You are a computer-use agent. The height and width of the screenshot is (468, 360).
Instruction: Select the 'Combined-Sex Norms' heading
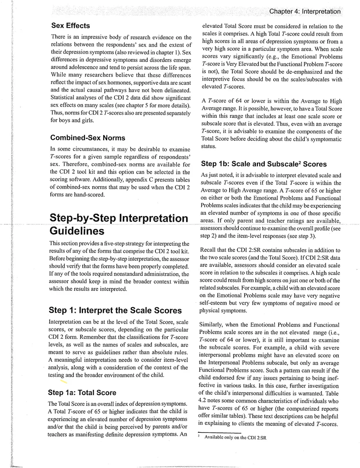click(82, 137)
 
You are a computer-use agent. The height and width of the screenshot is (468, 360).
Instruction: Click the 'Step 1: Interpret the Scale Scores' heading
click(115, 310)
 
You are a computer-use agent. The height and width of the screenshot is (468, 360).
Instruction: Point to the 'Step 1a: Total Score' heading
click(82, 393)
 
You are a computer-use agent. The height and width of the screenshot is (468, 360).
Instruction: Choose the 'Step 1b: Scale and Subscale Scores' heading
click(264, 164)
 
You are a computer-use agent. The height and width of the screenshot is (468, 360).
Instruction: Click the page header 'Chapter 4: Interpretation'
click(304, 11)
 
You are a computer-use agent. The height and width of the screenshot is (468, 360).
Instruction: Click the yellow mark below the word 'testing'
click(64, 382)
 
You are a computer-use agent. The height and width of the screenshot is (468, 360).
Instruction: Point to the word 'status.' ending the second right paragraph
click(209, 146)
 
